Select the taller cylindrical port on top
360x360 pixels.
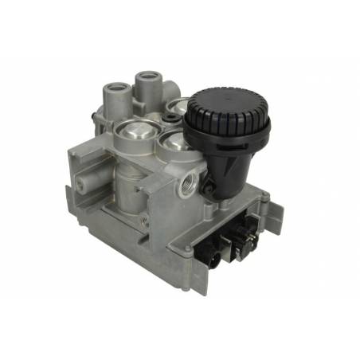(148, 84)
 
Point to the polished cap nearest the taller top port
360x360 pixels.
(178, 108)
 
